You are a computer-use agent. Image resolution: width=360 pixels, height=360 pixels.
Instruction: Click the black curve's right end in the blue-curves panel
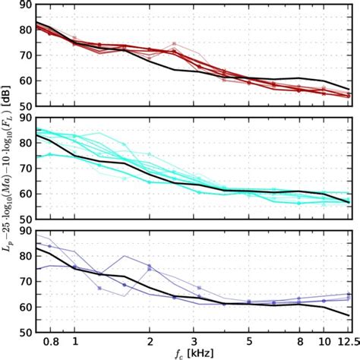coord(349,315)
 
